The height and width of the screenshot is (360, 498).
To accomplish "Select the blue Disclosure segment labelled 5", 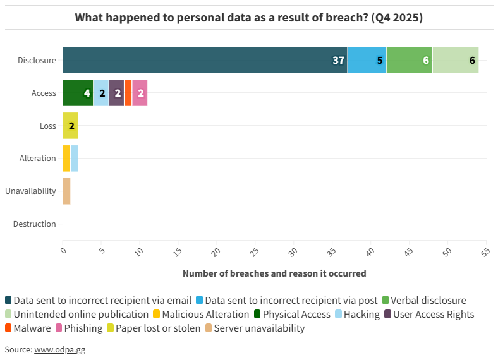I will pyautogui.click(x=367, y=60).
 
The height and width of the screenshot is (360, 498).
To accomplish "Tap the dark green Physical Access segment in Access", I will pyautogui.click(x=78, y=93).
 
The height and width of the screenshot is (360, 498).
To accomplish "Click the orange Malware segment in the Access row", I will pyautogui.click(x=128, y=93).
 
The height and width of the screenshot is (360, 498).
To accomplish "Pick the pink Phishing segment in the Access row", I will pyautogui.click(x=140, y=93).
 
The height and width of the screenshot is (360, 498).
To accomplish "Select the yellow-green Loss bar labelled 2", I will pyautogui.click(x=70, y=126).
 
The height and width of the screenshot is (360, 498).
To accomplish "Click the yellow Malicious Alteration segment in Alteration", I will pyautogui.click(x=66, y=158).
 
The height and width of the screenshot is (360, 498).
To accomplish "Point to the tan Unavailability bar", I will pyautogui.click(x=66, y=191).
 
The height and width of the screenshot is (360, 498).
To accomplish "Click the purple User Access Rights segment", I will pyautogui.click(x=116, y=93).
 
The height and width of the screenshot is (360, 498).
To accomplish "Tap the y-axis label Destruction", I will pyautogui.click(x=34, y=224).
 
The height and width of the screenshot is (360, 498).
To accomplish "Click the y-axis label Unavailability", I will pyautogui.click(x=30, y=191).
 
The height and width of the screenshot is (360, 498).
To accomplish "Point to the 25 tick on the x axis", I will pyautogui.click(x=253, y=252).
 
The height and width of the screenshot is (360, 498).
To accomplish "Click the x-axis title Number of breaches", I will pyautogui.click(x=274, y=273).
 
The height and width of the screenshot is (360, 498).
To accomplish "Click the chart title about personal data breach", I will pyautogui.click(x=249, y=17).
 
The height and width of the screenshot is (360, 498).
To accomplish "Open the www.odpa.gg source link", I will pyautogui.click(x=59, y=349).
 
